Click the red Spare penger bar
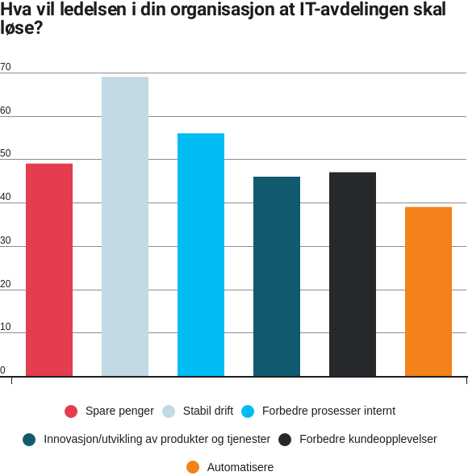tap(49, 270)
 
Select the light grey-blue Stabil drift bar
tap(125, 227)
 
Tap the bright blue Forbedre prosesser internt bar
tap(201, 255)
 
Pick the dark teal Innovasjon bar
tap(277, 277)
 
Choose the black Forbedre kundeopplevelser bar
tap(353, 274)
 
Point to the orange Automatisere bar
tap(428, 292)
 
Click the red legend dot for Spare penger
tap(71, 411)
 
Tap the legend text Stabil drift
tap(208, 411)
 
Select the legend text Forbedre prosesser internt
tap(329, 411)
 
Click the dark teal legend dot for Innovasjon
tap(29, 440)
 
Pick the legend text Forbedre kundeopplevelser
tap(368, 439)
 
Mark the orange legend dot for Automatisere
tap(193, 467)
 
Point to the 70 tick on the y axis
tap(6, 67)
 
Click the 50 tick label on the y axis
tap(6, 153)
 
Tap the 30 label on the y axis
tap(6, 240)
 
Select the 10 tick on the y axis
tap(6, 327)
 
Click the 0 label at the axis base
tap(2, 370)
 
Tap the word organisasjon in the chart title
tap(232, 10)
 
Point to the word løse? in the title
tap(21, 27)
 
